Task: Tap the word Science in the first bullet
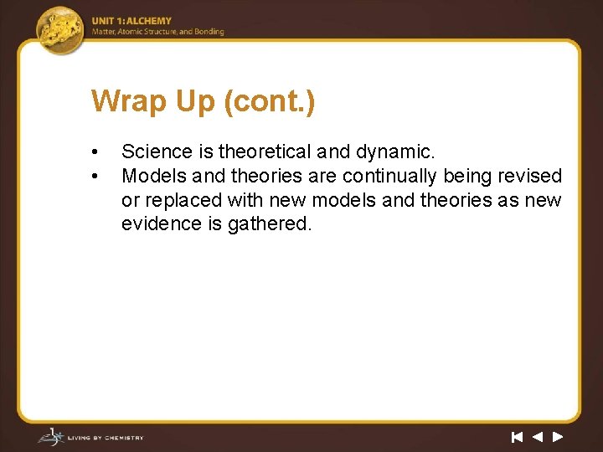point(157,152)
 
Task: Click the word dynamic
point(394,152)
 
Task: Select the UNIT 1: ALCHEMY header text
point(131,21)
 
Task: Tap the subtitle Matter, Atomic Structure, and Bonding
point(157,32)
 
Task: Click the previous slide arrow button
point(537,436)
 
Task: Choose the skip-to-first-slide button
point(517,436)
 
